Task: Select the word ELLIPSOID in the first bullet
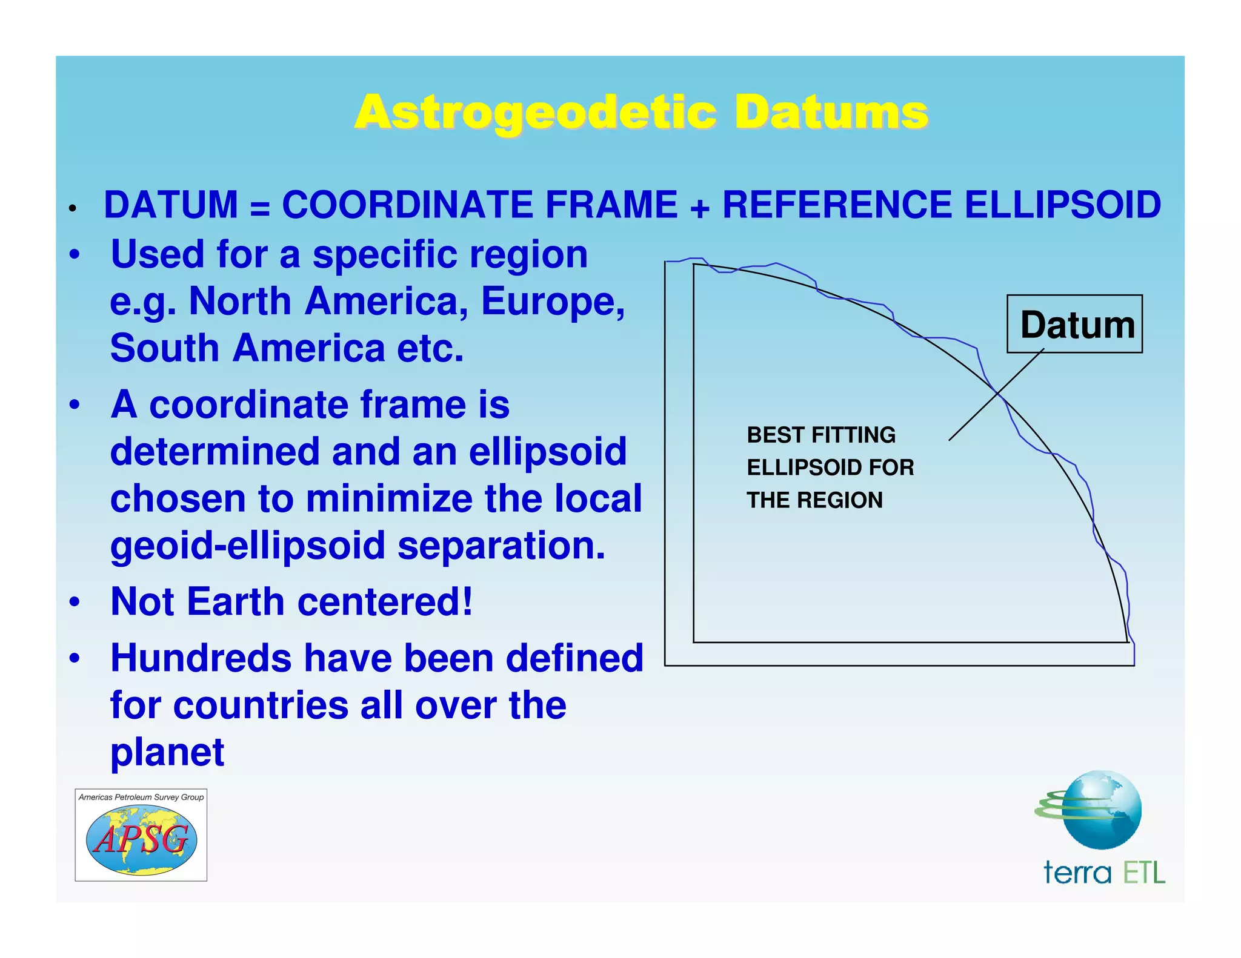coord(1062,204)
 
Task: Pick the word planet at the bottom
coord(167,752)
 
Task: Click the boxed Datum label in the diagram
coord(1077,325)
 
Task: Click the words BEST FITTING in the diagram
coord(820,435)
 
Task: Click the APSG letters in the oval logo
coord(141,840)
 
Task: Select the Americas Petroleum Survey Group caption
coord(141,797)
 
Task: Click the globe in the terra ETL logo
coord(1102,810)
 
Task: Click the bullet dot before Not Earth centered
coord(74,603)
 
